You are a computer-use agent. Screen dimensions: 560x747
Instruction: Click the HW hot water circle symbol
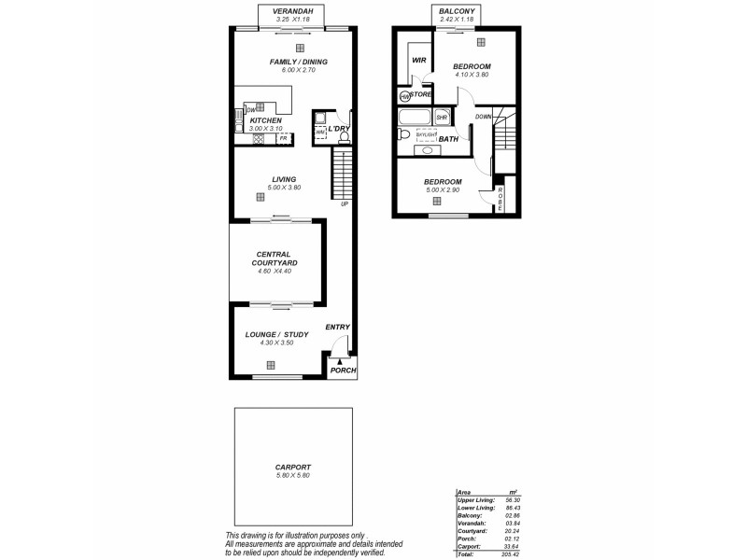pyautogui.click(x=404, y=96)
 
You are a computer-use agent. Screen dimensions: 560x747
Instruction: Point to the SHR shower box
pyautogui.click(x=442, y=118)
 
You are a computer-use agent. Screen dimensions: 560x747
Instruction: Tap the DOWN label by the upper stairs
pyautogui.click(x=483, y=117)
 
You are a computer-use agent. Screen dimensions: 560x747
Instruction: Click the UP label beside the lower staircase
pyautogui.click(x=345, y=203)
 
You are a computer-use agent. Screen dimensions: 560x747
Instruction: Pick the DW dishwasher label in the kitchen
pyautogui.click(x=252, y=110)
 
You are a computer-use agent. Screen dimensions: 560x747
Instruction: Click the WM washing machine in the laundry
pyautogui.click(x=320, y=132)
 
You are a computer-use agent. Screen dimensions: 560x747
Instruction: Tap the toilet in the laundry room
pyautogui.click(x=344, y=136)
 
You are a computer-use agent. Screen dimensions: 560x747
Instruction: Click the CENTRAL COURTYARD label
pyautogui.click(x=276, y=259)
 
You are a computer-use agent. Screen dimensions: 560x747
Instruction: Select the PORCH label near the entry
pyautogui.click(x=344, y=371)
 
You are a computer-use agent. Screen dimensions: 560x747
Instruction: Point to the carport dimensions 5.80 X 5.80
pyautogui.click(x=292, y=476)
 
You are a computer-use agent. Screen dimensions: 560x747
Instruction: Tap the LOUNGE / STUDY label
pyautogui.click(x=276, y=334)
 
